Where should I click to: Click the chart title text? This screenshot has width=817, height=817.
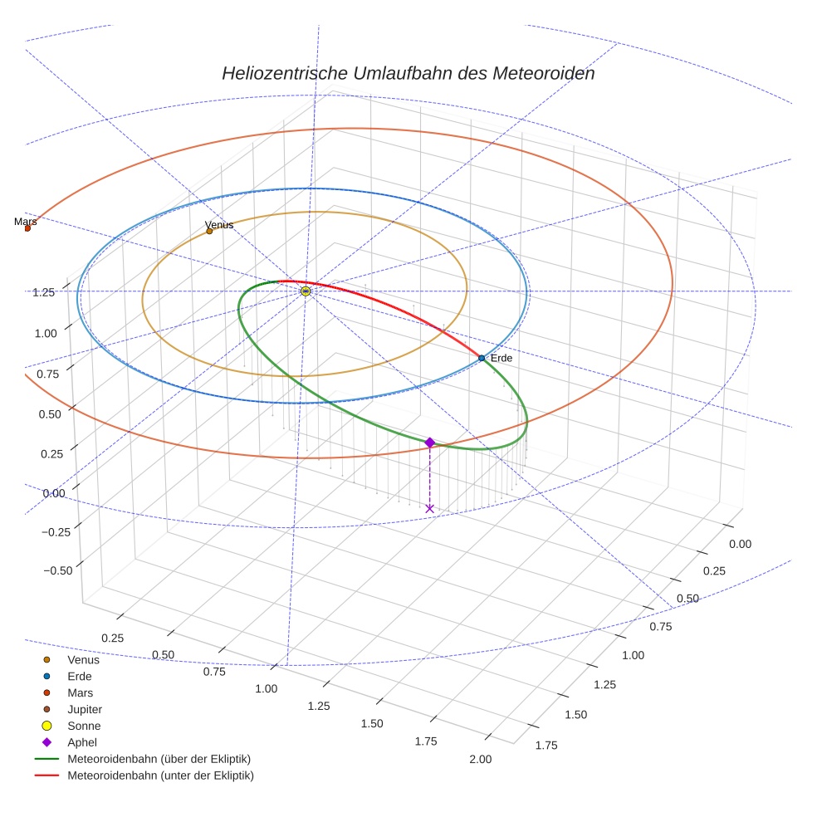[408, 73]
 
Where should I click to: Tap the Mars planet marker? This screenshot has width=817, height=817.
[27, 227]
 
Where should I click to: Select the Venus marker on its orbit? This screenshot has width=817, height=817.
[209, 231]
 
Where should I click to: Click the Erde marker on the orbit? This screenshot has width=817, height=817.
[482, 358]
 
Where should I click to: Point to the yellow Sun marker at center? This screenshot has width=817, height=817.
[306, 291]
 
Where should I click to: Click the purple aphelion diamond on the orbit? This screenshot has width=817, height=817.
[429, 443]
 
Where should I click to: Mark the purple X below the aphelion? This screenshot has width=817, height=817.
[429, 508]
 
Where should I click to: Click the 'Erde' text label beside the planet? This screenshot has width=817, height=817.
[501, 358]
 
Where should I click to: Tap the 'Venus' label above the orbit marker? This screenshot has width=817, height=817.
[219, 225]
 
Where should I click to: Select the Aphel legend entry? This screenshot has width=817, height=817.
[82, 742]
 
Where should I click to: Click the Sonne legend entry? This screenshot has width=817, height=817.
[84, 726]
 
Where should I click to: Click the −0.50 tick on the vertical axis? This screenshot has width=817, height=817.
[56, 570]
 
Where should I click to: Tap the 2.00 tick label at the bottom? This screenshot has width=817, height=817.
[480, 759]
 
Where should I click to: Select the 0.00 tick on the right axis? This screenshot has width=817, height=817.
[739, 544]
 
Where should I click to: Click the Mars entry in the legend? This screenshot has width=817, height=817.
[80, 692]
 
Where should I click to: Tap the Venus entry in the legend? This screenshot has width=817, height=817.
[83, 659]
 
